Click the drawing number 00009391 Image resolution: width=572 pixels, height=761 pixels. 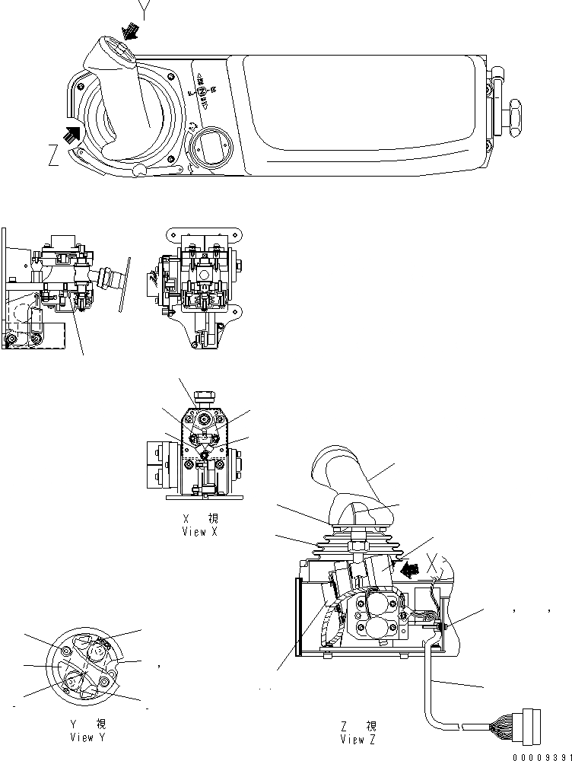[542, 756]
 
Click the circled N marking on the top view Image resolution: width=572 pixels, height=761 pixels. [202, 89]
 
